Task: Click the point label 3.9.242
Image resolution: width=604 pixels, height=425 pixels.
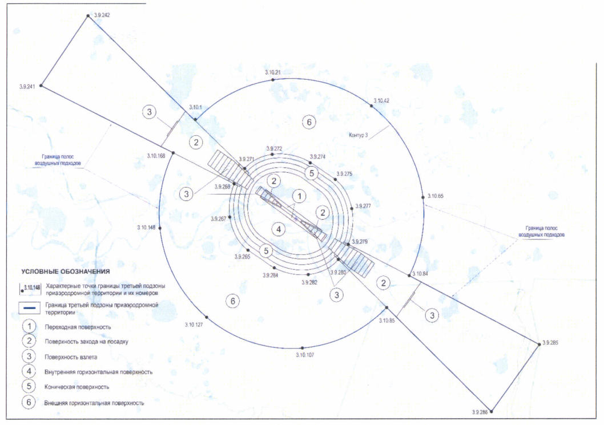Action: (102, 15)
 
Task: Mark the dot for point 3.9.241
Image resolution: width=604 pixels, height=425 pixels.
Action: (41, 86)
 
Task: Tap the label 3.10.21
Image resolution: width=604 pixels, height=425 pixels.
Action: (273, 72)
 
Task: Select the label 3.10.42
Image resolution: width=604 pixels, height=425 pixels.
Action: (381, 100)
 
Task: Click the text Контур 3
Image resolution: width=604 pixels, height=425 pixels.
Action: (359, 135)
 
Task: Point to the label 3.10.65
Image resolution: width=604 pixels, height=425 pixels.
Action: (435, 196)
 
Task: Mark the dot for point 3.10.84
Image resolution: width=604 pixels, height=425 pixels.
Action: (409, 275)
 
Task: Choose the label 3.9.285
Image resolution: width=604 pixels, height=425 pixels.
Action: (550, 342)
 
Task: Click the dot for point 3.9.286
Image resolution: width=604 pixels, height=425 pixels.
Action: (491, 411)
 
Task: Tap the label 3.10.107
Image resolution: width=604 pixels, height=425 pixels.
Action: (305, 355)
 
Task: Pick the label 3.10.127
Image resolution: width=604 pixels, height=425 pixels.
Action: (194, 325)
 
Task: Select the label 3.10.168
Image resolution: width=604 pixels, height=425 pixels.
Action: (156, 156)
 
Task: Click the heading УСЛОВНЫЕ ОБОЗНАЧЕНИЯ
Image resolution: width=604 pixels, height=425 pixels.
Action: (66, 272)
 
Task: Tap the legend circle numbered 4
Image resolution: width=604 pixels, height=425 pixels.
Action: (29, 371)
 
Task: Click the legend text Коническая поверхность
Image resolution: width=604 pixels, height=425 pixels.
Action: (77, 387)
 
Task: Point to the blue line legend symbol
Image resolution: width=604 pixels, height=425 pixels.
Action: (30, 307)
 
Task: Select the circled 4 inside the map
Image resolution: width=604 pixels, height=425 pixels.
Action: (279, 229)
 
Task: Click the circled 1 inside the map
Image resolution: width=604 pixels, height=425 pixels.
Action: (299, 196)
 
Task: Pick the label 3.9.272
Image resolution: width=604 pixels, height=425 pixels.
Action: (274, 148)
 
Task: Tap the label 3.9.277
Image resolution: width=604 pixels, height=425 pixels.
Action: (363, 206)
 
